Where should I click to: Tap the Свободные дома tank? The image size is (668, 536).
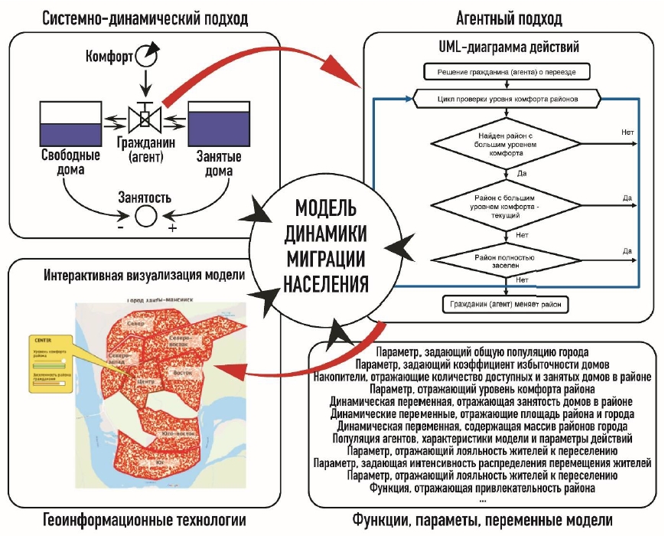(70, 122)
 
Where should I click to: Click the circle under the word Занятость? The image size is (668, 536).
(144, 217)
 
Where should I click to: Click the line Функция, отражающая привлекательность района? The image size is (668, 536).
(482, 489)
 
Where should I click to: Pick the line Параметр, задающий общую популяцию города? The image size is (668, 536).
(482, 352)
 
